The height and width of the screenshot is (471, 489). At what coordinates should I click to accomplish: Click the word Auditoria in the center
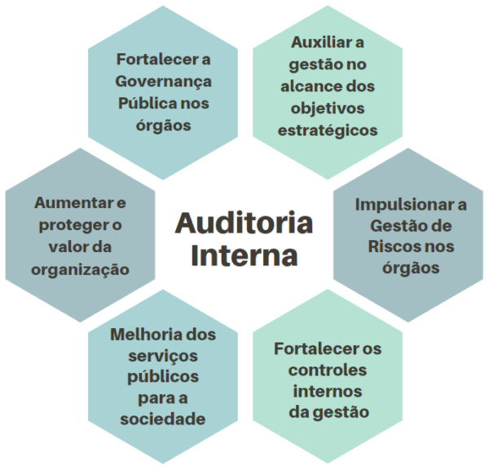tap(244, 222)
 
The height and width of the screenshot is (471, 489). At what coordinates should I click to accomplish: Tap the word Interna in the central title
tap(244, 255)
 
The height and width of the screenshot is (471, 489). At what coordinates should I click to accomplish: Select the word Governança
tap(164, 82)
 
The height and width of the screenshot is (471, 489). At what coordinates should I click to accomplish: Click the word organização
tap(79, 269)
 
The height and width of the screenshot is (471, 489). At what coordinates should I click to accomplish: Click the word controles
tap(328, 371)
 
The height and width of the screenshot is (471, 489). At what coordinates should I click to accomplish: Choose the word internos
tap(328, 391)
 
